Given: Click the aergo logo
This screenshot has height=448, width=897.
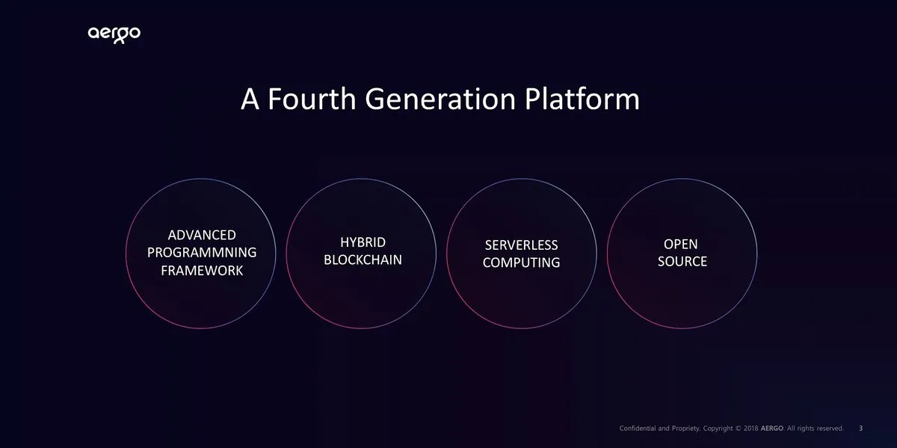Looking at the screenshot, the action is [114, 34].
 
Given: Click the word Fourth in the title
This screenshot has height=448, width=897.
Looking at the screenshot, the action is [312, 99].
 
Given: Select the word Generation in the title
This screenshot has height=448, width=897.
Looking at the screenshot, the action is [440, 99].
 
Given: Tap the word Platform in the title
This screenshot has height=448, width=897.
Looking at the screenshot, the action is [582, 99].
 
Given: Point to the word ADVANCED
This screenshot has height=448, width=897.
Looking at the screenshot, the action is [202, 235].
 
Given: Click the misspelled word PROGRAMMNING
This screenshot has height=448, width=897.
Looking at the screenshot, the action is [202, 253].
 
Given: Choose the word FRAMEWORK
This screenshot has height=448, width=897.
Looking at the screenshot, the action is [202, 271].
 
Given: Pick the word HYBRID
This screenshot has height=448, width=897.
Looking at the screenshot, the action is [363, 242].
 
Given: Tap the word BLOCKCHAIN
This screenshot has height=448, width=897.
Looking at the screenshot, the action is [363, 260].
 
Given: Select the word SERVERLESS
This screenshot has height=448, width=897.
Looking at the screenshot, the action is [522, 245].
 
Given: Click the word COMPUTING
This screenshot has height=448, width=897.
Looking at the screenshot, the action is [522, 263].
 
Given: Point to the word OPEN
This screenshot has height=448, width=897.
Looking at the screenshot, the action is [681, 244].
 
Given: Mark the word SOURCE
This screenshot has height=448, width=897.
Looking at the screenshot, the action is [682, 262].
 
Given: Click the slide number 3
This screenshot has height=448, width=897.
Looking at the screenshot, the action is [861, 429].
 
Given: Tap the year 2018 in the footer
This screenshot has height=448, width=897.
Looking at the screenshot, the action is [750, 429].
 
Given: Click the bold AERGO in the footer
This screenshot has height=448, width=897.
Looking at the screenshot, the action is [772, 429].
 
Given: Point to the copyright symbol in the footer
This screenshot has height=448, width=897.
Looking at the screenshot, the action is [739, 429].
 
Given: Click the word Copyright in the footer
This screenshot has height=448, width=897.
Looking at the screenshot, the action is [718, 429].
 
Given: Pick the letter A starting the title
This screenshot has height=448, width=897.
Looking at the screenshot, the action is [250, 99].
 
